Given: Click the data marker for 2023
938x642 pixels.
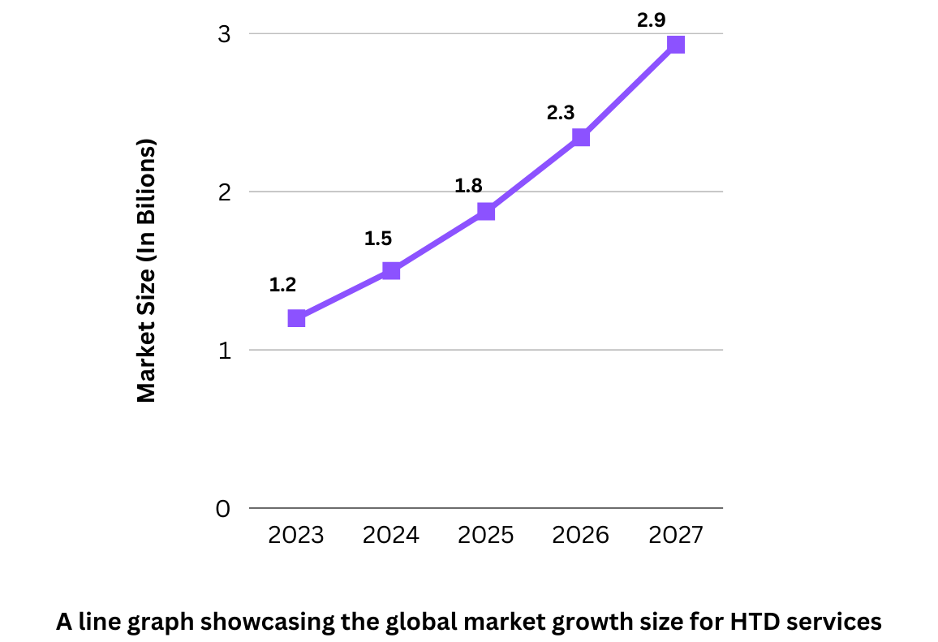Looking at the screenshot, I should tap(296, 318).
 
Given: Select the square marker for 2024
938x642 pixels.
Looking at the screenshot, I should tap(391, 270).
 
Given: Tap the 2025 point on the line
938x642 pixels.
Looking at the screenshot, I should tap(486, 212).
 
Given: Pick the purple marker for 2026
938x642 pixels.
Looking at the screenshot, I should tap(581, 137).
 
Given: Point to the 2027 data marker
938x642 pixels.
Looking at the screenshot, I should tap(676, 45).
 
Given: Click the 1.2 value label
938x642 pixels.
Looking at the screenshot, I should tap(283, 285).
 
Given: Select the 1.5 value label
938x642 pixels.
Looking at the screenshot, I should tap(378, 239).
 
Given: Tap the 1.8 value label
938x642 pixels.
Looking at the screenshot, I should tap(468, 186).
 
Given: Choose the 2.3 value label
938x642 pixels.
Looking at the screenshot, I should tap(561, 113).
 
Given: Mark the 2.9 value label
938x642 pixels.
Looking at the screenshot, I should tap(652, 21).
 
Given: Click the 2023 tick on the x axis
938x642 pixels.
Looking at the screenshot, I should tap(296, 536).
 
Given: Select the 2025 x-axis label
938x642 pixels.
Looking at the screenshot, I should tap(486, 536).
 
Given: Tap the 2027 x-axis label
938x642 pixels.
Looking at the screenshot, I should tap(676, 536).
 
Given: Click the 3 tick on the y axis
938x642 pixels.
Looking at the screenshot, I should tap(223, 34).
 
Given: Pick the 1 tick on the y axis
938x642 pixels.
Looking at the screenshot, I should tap(224, 351).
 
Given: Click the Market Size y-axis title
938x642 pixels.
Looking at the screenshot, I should tap(146, 271).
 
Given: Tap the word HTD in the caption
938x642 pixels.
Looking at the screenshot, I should tap(751, 622).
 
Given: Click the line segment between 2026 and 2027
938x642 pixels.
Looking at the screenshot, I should tap(629, 91).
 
